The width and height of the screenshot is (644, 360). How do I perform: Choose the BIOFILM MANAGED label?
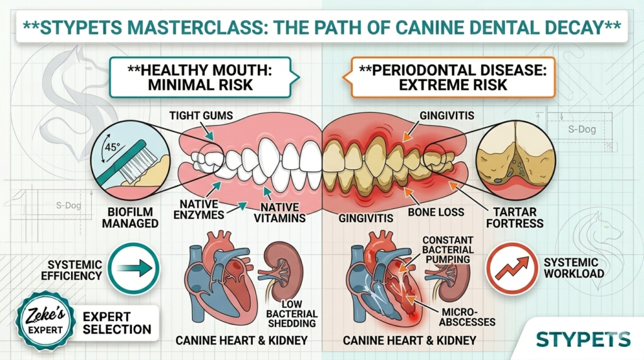[124, 216]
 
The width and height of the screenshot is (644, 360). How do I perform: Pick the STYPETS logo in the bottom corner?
[582, 339]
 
